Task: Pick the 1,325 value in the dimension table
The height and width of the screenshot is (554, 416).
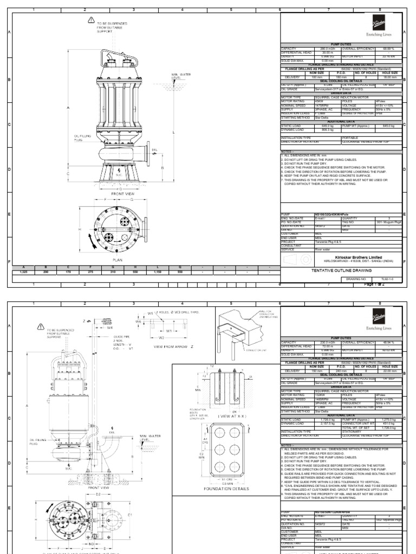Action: click(x=23, y=272)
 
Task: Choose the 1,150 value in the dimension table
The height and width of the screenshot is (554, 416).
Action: click(x=157, y=272)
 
